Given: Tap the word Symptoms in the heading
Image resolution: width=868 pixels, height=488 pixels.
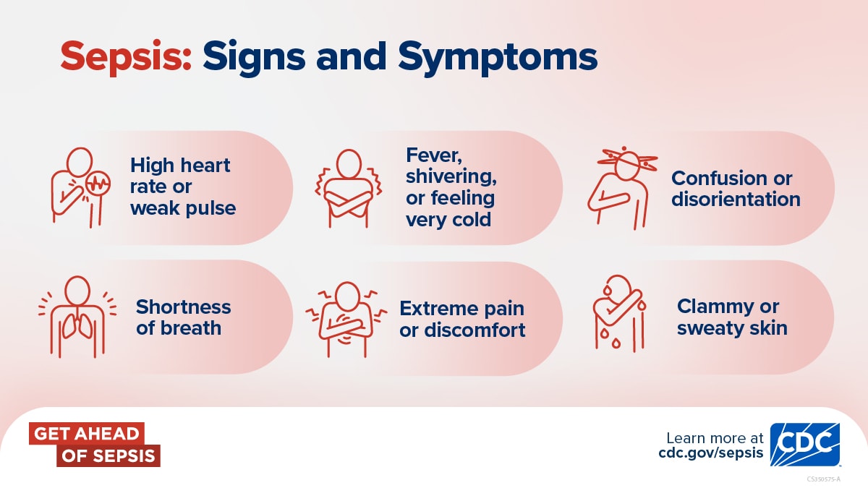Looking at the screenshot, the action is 498,59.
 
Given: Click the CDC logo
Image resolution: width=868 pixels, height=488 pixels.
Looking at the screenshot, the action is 805,445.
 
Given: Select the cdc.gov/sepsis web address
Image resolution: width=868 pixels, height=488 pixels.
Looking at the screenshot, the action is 710,453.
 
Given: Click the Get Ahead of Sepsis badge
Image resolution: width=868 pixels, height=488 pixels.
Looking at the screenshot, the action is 95,444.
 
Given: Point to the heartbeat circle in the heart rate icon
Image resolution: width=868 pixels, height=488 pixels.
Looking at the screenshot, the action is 98,184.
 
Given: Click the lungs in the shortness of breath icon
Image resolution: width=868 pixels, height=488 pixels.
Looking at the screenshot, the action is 78,325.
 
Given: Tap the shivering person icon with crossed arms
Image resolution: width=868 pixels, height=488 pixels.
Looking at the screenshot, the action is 349,188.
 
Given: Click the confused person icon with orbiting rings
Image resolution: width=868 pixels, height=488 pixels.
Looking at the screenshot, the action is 622,187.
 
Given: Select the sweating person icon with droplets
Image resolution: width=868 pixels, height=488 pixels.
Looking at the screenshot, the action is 619,314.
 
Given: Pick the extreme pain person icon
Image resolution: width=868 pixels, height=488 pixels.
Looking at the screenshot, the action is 346,319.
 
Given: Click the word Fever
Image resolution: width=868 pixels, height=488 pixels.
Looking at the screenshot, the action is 434,155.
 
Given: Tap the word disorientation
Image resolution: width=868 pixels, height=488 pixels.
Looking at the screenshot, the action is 736,199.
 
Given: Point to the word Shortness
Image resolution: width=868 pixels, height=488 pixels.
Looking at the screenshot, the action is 183,307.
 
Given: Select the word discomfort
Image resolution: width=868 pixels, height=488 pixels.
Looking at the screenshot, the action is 475,330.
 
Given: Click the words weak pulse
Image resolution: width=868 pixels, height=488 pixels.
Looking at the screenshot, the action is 183,208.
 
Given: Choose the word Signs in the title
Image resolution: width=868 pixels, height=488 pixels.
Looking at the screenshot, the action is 254,59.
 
